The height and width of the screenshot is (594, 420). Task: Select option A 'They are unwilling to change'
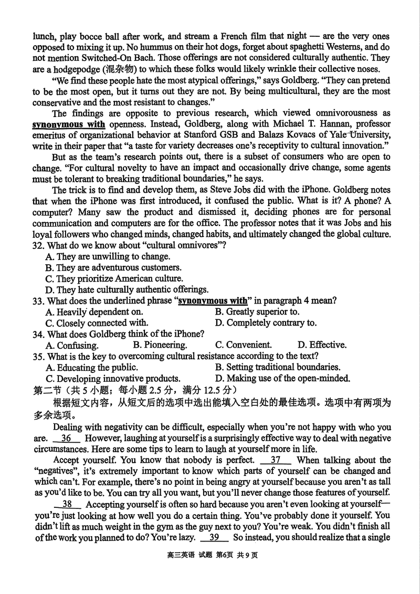click(108, 257)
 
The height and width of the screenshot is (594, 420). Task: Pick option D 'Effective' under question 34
click(322, 345)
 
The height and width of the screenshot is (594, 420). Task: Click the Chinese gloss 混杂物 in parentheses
click(121, 69)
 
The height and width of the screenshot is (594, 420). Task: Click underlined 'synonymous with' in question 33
click(213, 301)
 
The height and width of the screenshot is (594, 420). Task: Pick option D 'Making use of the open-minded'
click(282, 378)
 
